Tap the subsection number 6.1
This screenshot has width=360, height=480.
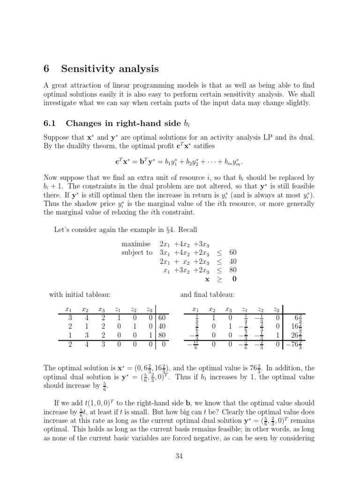50,123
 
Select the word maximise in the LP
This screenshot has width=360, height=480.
136,244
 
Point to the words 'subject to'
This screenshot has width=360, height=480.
137,253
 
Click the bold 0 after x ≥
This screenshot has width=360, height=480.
234,278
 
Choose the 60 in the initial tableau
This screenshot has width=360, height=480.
162,318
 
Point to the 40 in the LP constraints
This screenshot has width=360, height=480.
233,261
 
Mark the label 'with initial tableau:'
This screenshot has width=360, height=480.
80,294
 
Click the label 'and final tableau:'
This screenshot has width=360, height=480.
207,294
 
